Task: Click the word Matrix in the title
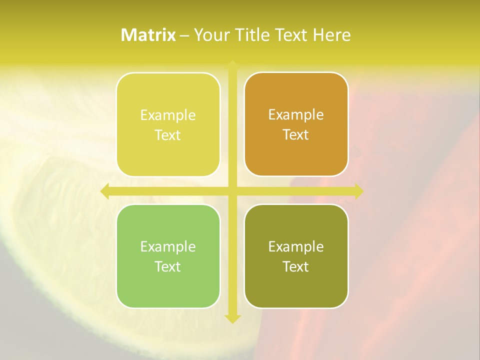[148, 35]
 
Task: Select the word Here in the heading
[331, 35]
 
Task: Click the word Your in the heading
[212, 35]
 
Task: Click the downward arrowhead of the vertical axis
[232, 318]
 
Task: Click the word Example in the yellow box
[168, 115]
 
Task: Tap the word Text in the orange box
[296, 135]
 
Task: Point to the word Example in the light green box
[168, 246]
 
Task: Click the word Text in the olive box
[296, 266]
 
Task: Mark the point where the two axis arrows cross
[232, 191]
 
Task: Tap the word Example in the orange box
[296, 115]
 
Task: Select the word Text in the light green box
[168, 266]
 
